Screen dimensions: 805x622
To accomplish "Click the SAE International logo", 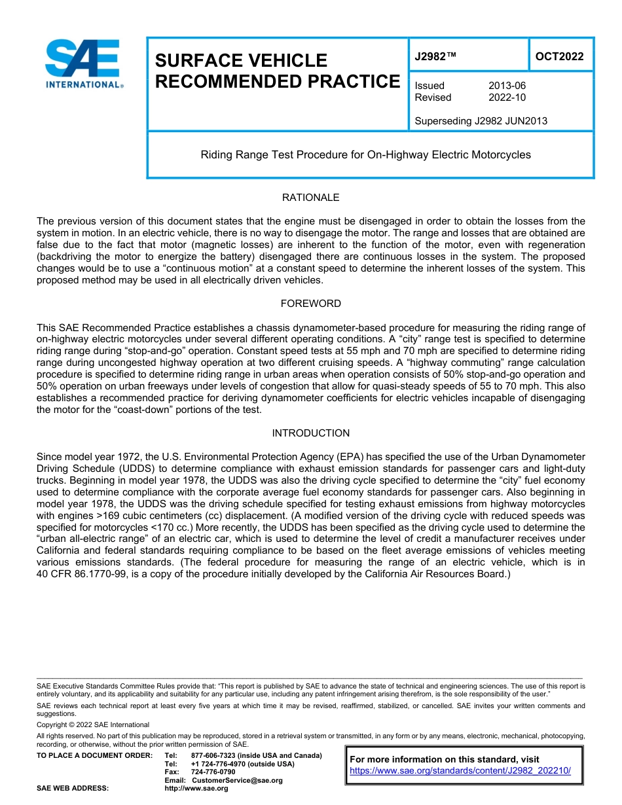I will click(x=82, y=63).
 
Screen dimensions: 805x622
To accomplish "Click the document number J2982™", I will click(x=435, y=56).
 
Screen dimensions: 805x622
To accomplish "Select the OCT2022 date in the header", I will click(x=559, y=56).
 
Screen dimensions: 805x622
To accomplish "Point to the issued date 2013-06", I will click(x=507, y=86).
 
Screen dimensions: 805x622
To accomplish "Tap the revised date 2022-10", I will click(x=507, y=98).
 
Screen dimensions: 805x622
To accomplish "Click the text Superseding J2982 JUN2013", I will click(x=481, y=120).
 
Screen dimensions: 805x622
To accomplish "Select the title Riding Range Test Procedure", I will click(x=365, y=155).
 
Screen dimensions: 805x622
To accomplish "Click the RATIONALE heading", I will click(x=310, y=198).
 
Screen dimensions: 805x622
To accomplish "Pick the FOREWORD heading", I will click(x=310, y=304).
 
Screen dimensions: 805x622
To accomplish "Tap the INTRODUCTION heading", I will click(x=310, y=433).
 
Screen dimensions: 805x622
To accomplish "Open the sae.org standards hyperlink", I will click(x=460, y=770).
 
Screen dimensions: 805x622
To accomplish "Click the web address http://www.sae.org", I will click(x=196, y=789).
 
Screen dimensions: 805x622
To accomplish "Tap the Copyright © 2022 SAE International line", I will click(x=93, y=724).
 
